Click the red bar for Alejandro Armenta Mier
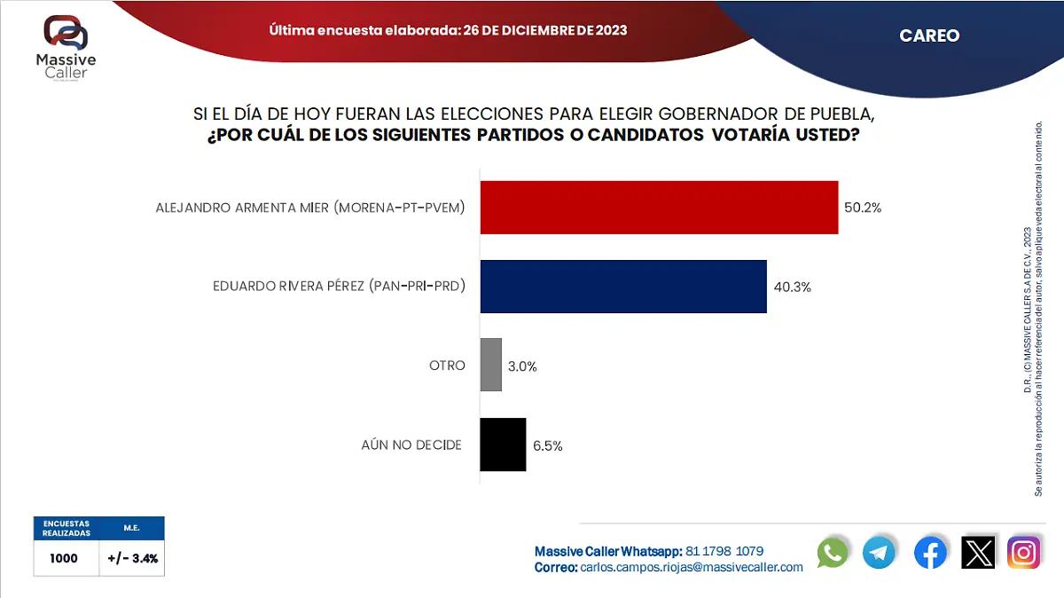659,208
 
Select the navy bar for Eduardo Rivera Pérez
623,287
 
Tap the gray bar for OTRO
491,365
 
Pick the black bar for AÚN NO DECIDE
503,445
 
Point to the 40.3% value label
792,287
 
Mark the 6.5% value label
548,445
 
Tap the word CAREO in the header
929,35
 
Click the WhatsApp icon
833,553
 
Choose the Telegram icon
880,553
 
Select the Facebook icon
930,553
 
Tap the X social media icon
978,553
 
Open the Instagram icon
1024,553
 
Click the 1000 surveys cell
65,559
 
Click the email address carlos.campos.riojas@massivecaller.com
692,567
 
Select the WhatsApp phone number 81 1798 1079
724,551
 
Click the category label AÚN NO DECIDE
411,445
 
